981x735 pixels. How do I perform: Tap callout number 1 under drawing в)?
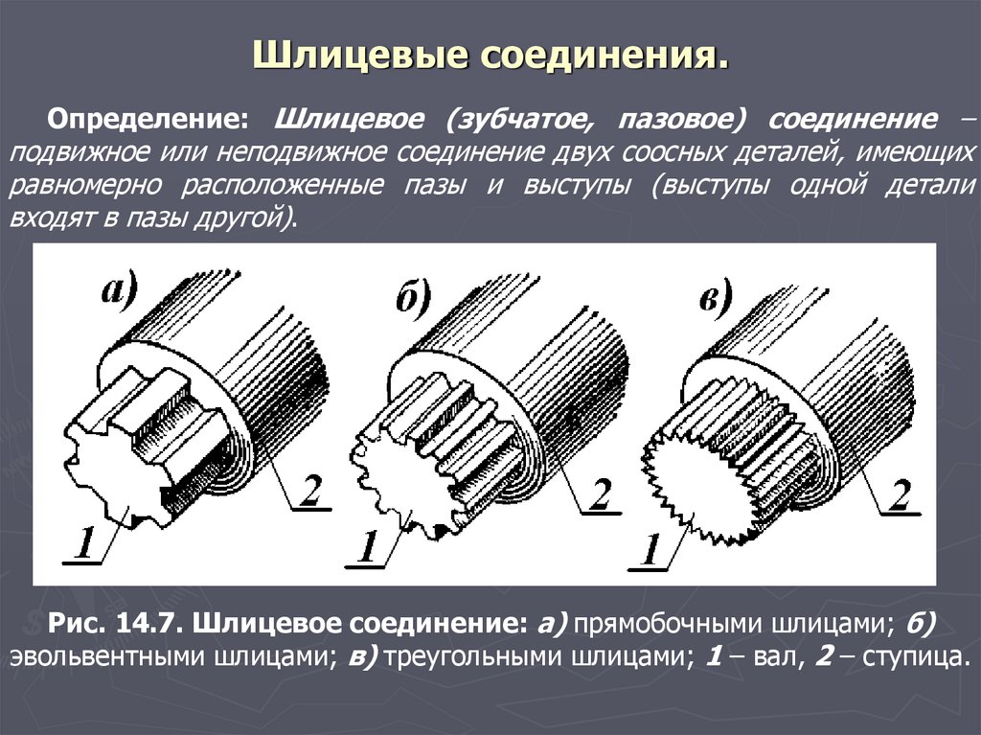[x=650, y=553]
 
